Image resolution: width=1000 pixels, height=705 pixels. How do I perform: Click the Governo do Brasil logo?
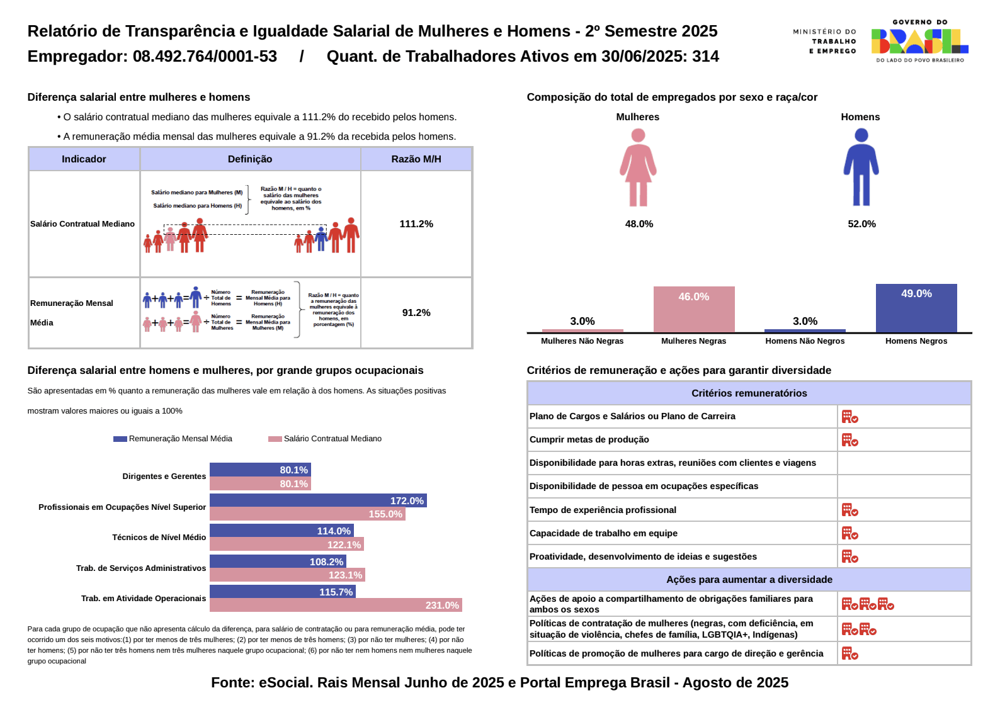(919, 42)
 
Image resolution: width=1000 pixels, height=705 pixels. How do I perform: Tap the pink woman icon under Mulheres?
(638, 167)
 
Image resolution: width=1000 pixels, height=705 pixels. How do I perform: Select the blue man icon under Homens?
(861, 167)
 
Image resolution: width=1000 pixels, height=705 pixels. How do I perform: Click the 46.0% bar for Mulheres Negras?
(693, 309)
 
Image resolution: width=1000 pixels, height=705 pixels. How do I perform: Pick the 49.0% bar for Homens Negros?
(916, 308)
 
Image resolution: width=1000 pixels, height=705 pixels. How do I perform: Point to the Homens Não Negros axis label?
(805, 341)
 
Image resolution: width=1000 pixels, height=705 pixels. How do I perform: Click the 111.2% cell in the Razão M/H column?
(416, 224)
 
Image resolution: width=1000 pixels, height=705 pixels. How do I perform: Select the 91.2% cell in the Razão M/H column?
(416, 313)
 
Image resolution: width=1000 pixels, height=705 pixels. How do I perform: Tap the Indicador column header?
(84, 159)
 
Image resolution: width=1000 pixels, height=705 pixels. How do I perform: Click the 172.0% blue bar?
(318, 500)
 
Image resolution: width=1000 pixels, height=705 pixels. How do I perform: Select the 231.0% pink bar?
(336, 605)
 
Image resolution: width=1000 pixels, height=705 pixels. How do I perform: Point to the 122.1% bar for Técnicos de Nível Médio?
(287, 544)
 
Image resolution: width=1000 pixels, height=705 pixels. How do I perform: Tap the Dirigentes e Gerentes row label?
(164, 477)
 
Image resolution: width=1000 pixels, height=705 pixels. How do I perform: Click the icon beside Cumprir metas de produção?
(849, 440)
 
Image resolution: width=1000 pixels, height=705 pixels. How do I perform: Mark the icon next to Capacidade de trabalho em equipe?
(849, 534)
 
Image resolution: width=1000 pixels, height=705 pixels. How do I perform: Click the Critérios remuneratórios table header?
(749, 393)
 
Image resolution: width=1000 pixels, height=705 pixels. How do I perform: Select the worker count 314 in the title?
(705, 57)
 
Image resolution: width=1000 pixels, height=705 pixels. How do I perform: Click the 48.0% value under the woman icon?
(639, 224)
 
